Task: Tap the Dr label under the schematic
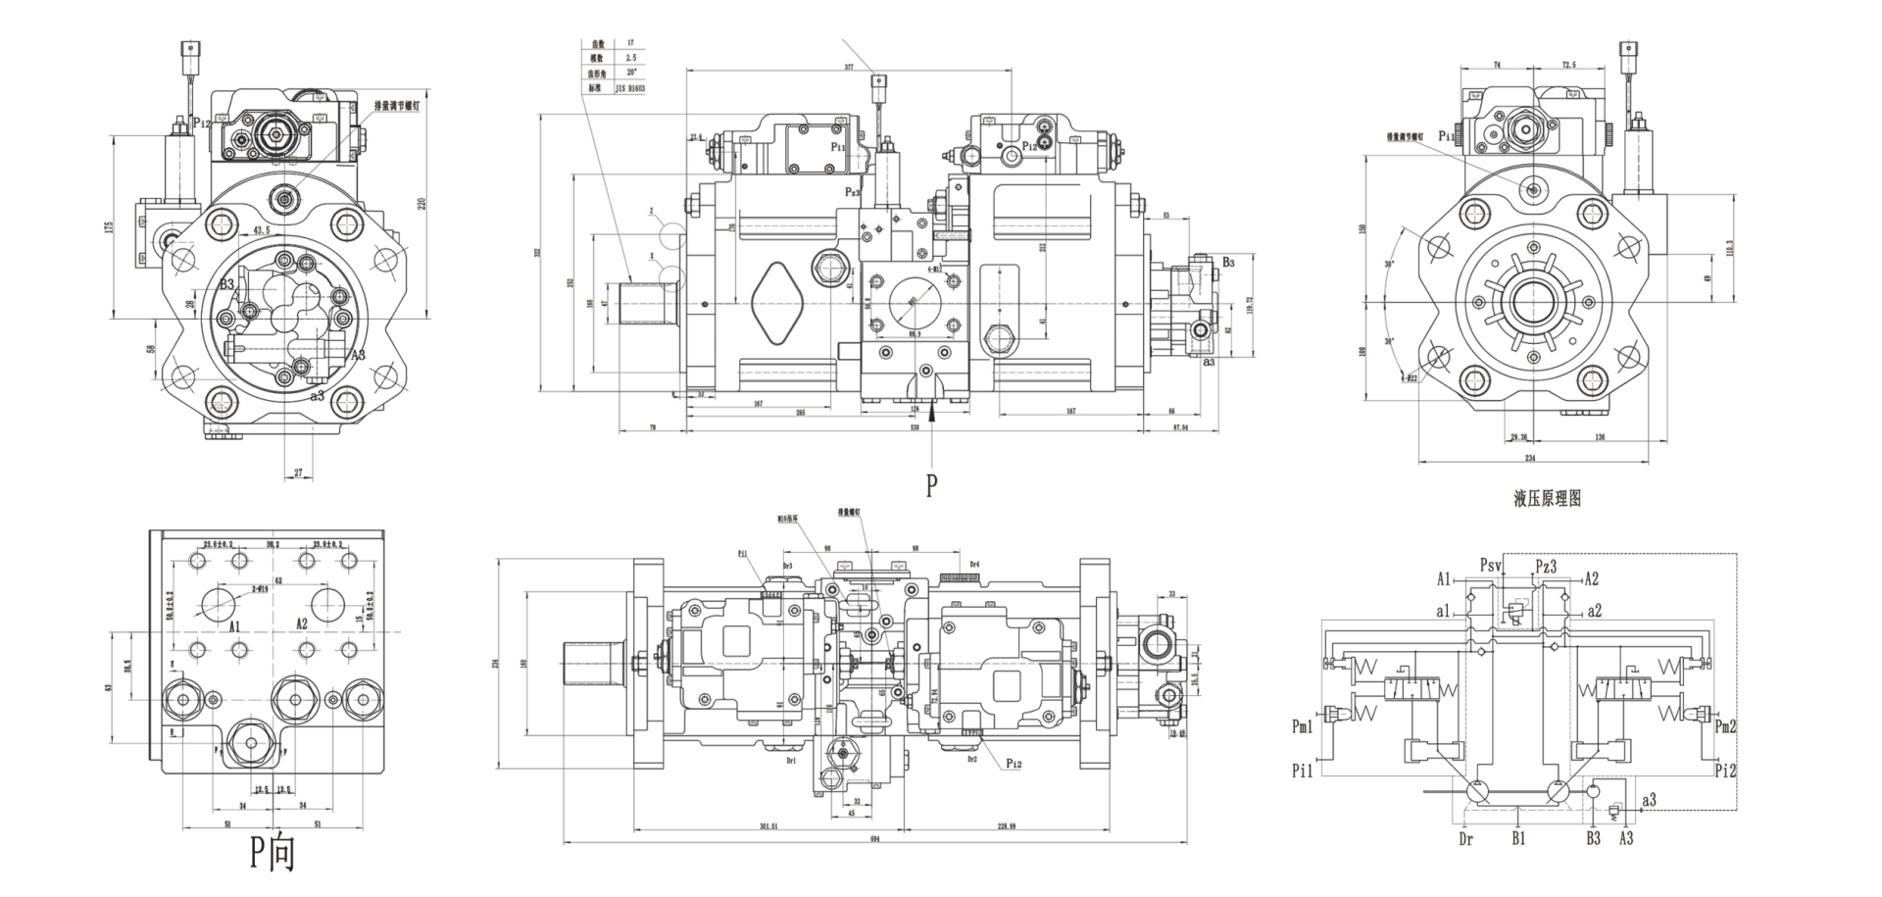(1465, 839)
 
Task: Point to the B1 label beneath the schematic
(1518, 839)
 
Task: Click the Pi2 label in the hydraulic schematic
(1726, 771)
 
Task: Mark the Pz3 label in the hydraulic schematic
(1546, 566)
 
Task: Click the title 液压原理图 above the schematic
(1547, 499)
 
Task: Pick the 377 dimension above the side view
(849, 67)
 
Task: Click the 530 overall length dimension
(915, 428)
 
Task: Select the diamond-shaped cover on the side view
(777, 303)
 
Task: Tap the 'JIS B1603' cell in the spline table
(630, 87)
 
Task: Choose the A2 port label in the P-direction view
(302, 624)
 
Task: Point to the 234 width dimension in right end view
(1529, 457)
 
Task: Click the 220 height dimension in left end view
(422, 204)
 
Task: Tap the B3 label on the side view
(1228, 263)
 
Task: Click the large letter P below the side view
(931, 485)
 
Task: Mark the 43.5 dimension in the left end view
(262, 230)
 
